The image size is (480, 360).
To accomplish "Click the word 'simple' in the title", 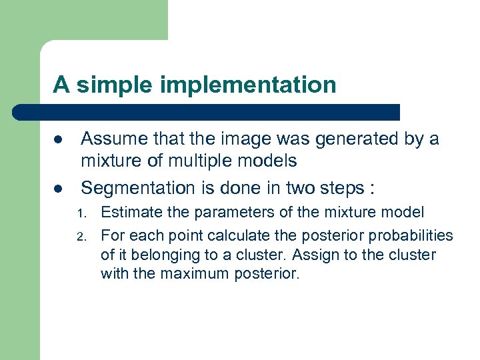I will [x=114, y=85].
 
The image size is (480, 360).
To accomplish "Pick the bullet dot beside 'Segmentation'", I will [x=58, y=189].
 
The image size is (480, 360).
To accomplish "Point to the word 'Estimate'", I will [x=127, y=213].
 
